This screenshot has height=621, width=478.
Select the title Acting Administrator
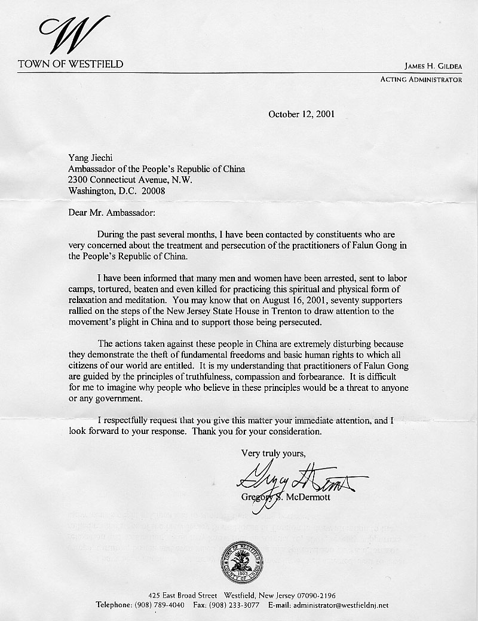421,79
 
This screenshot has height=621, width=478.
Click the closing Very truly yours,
273,452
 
